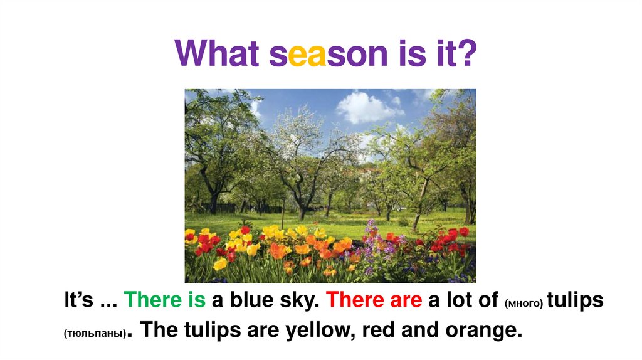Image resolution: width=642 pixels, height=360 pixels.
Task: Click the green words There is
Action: coord(165,300)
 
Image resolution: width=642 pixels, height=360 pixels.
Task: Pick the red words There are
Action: coord(374,300)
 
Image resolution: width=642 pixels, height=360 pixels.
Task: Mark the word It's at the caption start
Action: coord(78,300)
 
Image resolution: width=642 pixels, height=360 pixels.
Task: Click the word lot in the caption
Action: coord(459,300)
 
